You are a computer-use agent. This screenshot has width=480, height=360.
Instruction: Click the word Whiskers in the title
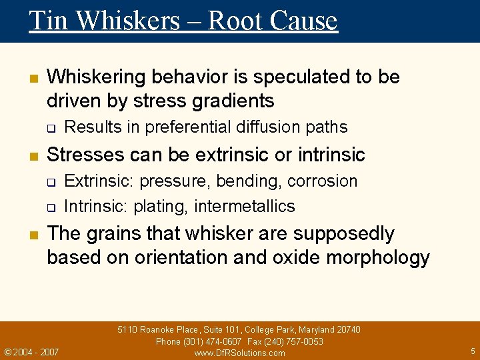128,21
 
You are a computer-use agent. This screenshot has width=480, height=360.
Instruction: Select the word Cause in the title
304,21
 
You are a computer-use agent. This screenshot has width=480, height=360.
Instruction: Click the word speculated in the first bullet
296,77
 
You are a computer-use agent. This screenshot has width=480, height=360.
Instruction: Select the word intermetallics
245,207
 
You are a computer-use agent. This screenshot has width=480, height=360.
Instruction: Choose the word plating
160,207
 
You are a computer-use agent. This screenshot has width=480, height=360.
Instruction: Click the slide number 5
473,351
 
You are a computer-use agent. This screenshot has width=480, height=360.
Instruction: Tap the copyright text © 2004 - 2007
31,352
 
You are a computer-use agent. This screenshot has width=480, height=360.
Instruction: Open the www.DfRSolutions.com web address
239,353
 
